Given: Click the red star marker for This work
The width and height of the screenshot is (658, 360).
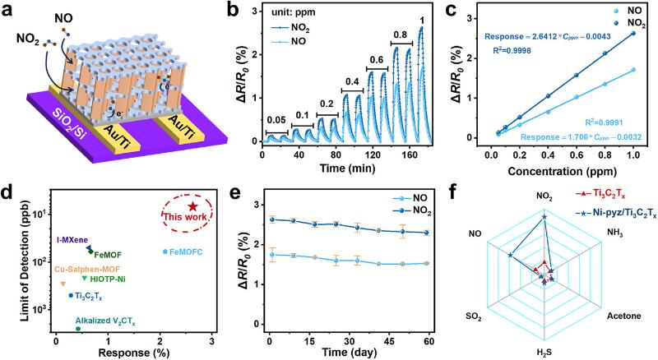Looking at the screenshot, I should tap(192, 207).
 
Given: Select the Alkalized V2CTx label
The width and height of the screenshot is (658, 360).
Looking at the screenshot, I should tap(108, 320).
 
